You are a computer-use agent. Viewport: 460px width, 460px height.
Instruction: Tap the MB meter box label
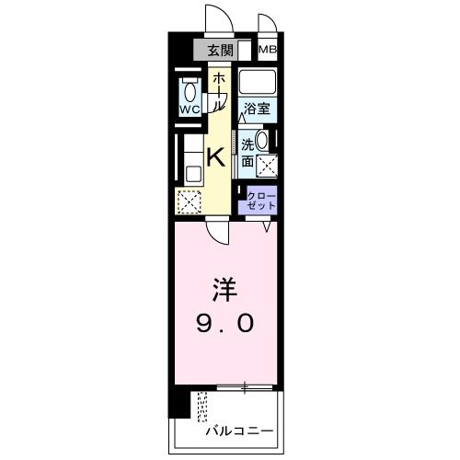click(267, 51)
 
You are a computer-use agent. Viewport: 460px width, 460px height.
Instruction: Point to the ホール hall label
click(219, 93)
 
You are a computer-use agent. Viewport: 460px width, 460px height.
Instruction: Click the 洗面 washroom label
click(248, 152)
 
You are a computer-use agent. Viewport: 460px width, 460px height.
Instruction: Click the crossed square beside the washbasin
click(268, 166)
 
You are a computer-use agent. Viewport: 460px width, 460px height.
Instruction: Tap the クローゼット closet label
click(261, 201)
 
